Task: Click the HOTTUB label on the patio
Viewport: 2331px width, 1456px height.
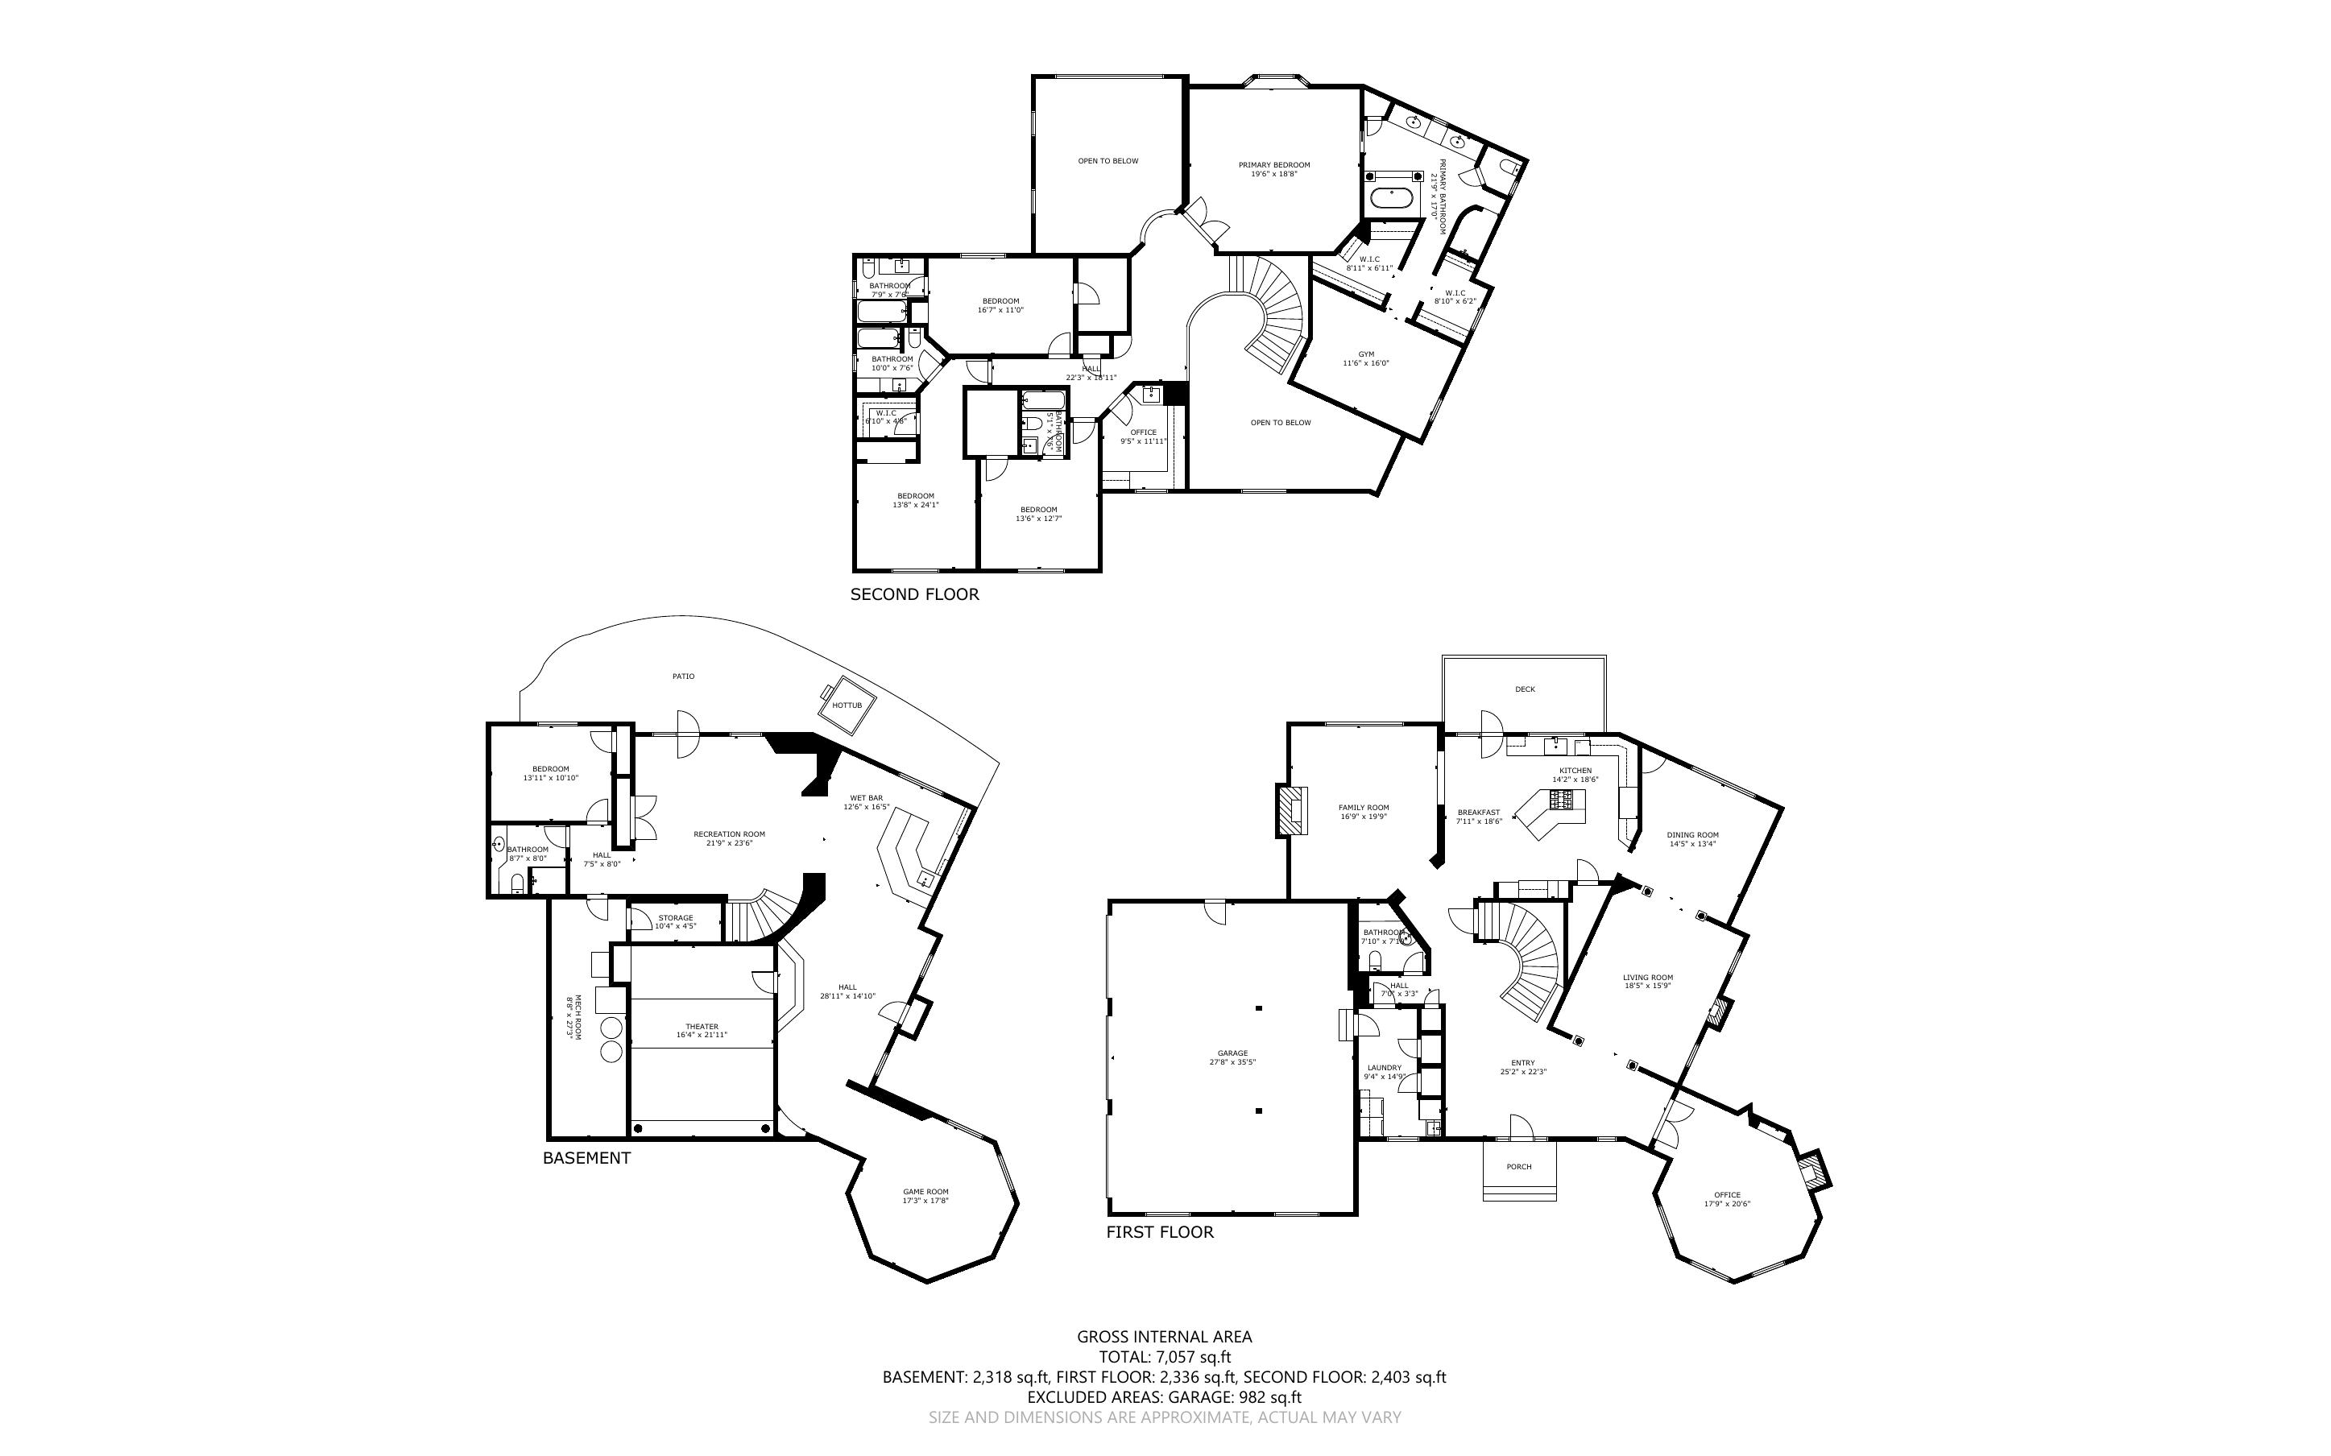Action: point(847,705)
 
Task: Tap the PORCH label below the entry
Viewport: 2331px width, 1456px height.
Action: point(1518,1167)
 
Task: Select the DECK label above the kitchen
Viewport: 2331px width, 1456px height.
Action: point(1524,689)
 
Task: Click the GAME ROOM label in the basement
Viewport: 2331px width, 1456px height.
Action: point(925,1192)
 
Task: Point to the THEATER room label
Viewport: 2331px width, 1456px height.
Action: point(702,1027)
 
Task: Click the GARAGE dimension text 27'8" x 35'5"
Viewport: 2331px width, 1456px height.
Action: point(1232,1062)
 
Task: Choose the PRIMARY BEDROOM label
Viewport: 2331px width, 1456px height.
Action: point(1273,164)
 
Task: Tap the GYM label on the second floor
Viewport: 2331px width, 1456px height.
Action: point(1365,354)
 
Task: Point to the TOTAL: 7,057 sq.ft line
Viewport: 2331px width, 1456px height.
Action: point(1164,1357)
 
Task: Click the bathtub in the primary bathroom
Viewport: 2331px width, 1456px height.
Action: point(1393,201)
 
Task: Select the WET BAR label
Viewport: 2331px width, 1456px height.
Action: point(866,798)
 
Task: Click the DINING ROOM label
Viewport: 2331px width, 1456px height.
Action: point(1692,835)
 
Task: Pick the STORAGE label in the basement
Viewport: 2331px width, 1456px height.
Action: point(675,918)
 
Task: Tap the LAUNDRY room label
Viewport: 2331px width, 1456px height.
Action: point(1384,1068)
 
